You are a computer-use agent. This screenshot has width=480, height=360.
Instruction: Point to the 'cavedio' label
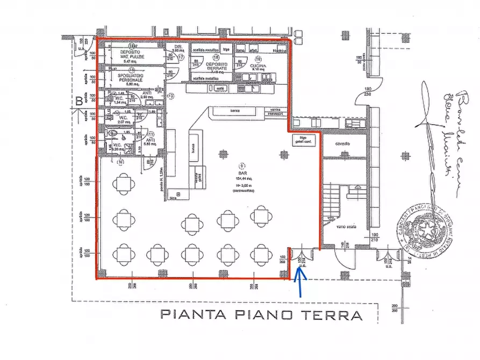tap(344, 144)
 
